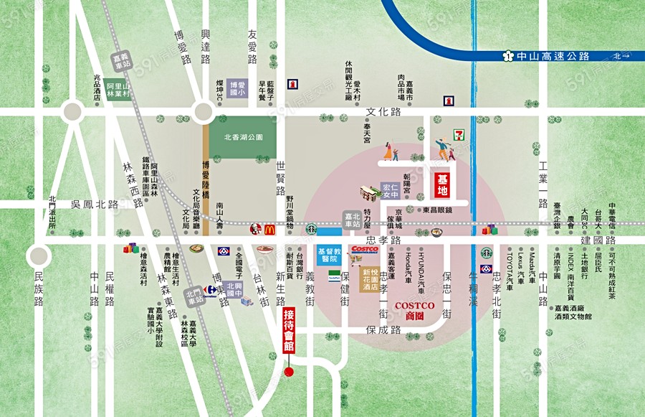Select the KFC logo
pos(253,230)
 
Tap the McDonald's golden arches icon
pos(269,230)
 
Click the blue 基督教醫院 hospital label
pos(328,254)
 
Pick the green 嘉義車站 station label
pos(123,60)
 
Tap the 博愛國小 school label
pos(236,88)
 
